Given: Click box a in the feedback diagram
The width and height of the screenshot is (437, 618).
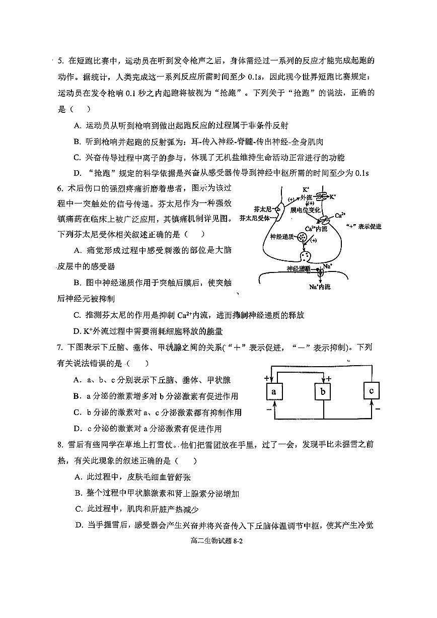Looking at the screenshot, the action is pos(274,391).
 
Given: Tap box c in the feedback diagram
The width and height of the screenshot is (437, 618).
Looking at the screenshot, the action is pos(371,390).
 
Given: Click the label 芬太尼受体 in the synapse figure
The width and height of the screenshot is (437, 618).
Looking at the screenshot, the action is pos(255,218).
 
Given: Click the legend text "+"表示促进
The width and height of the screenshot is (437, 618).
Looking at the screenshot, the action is pos(364,227).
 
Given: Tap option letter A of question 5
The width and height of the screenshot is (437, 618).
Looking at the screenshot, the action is pos(77,125).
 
